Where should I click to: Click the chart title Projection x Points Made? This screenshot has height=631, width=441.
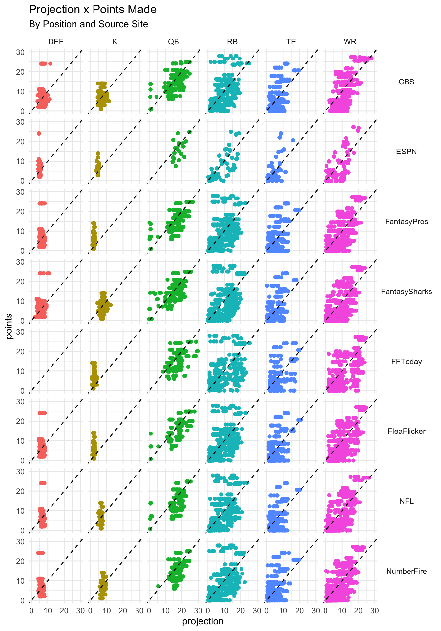coord(93,10)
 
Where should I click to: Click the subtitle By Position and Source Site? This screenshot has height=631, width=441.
coord(88,24)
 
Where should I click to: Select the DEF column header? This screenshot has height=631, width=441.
coord(56,42)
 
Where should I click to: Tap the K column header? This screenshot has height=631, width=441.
coord(115,42)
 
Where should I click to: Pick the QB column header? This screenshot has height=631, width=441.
coord(174,42)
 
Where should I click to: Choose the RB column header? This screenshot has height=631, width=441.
coord(232,42)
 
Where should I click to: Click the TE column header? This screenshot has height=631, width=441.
coord(291,42)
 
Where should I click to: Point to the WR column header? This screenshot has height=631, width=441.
coord(350,42)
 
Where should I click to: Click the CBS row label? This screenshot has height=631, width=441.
coord(406,82)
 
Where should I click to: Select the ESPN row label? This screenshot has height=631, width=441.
coord(406,152)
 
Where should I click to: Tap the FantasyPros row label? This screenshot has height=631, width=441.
coord(406,222)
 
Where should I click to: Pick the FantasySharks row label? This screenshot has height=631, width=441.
coord(406,292)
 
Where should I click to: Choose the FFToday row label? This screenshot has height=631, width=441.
coord(406,362)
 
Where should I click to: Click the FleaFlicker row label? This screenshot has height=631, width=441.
coord(406,431)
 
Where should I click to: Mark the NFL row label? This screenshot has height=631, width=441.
coord(406,501)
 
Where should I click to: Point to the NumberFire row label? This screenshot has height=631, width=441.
coord(406,571)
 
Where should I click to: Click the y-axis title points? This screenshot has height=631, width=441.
coord(9,326)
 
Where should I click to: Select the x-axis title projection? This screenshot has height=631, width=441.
coord(203,621)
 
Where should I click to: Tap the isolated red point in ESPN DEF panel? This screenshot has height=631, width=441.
coord(39,133)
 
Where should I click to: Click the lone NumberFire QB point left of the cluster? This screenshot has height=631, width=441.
coord(158,586)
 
